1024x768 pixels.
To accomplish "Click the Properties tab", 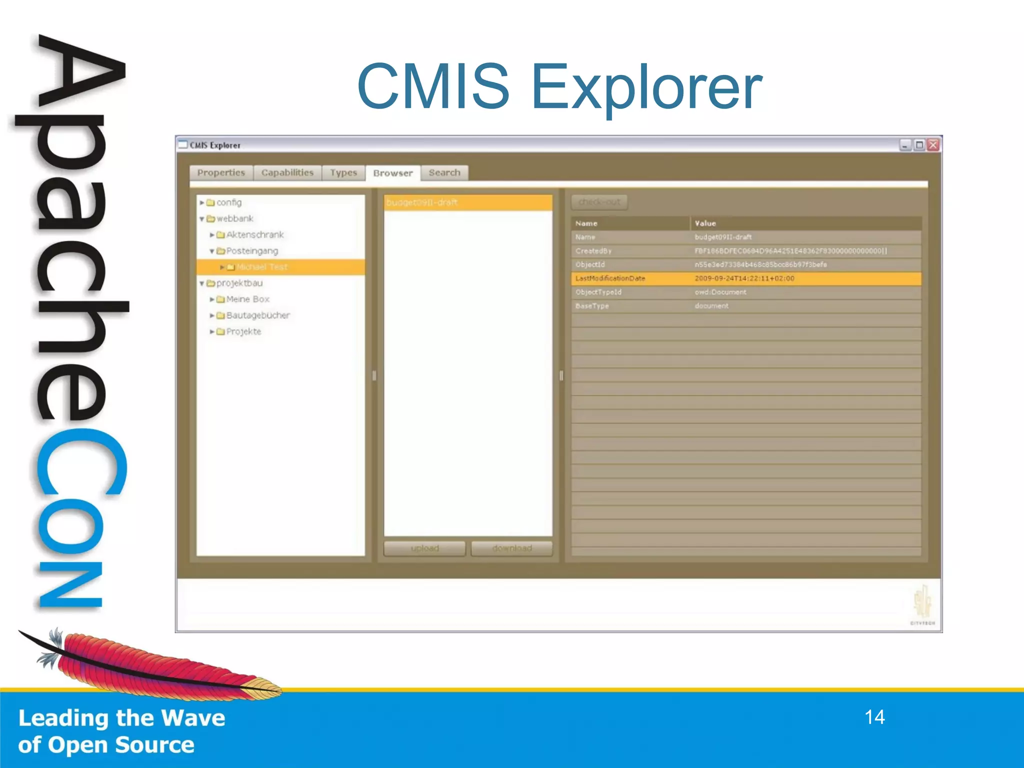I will (221, 172).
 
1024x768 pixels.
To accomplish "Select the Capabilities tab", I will (287, 172).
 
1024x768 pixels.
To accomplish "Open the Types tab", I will (343, 172).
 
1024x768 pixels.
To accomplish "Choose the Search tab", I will (444, 172).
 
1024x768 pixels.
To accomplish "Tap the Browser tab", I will (393, 173).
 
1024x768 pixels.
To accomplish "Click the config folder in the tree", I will (229, 202).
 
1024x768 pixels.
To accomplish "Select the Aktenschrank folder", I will (255, 234).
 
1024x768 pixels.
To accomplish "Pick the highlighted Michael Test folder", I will (262, 267).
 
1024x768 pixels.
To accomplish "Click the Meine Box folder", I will (248, 299).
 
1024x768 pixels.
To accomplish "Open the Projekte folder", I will (243, 331).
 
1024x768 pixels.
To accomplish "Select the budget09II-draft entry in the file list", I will (422, 202).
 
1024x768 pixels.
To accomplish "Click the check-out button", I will (599, 202).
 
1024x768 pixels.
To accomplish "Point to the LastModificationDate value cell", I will (744, 278).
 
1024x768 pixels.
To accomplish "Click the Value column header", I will (705, 223).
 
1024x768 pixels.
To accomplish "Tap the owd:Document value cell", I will (720, 292).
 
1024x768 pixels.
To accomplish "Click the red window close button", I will (933, 145).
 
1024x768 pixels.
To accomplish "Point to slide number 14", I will (874, 717).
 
